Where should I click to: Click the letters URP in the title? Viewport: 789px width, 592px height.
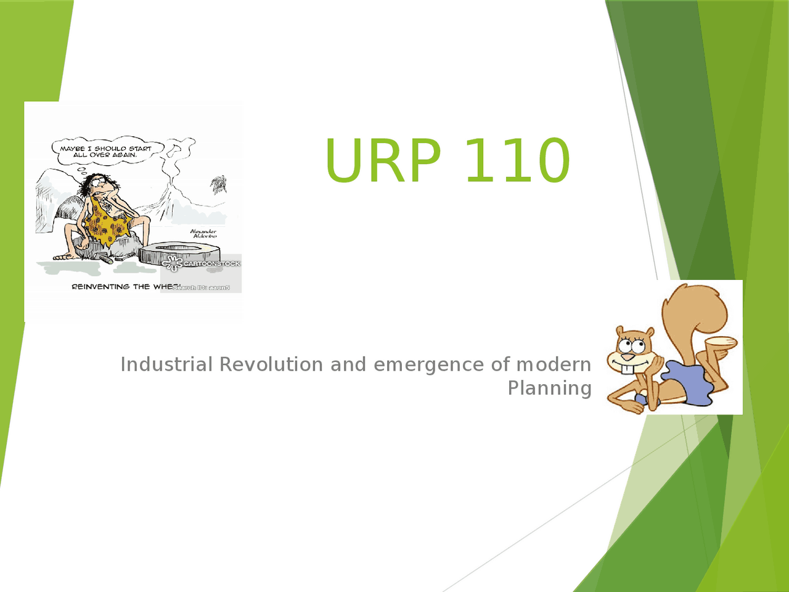click(x=383, y=160)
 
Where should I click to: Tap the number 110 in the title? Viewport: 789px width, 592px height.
click(x=517, y=160)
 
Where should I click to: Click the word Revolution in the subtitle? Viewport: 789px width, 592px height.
click(x=271, y=364)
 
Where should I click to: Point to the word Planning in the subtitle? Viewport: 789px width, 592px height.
click(x=549, y=388)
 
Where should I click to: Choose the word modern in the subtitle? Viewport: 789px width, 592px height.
click(x=553, y=364)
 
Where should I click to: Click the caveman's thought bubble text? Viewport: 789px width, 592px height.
click(x=105, y=152)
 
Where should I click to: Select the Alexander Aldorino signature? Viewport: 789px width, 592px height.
click(x=203, y=234)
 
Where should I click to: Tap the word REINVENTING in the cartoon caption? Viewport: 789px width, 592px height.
click(x=100, y=287)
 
